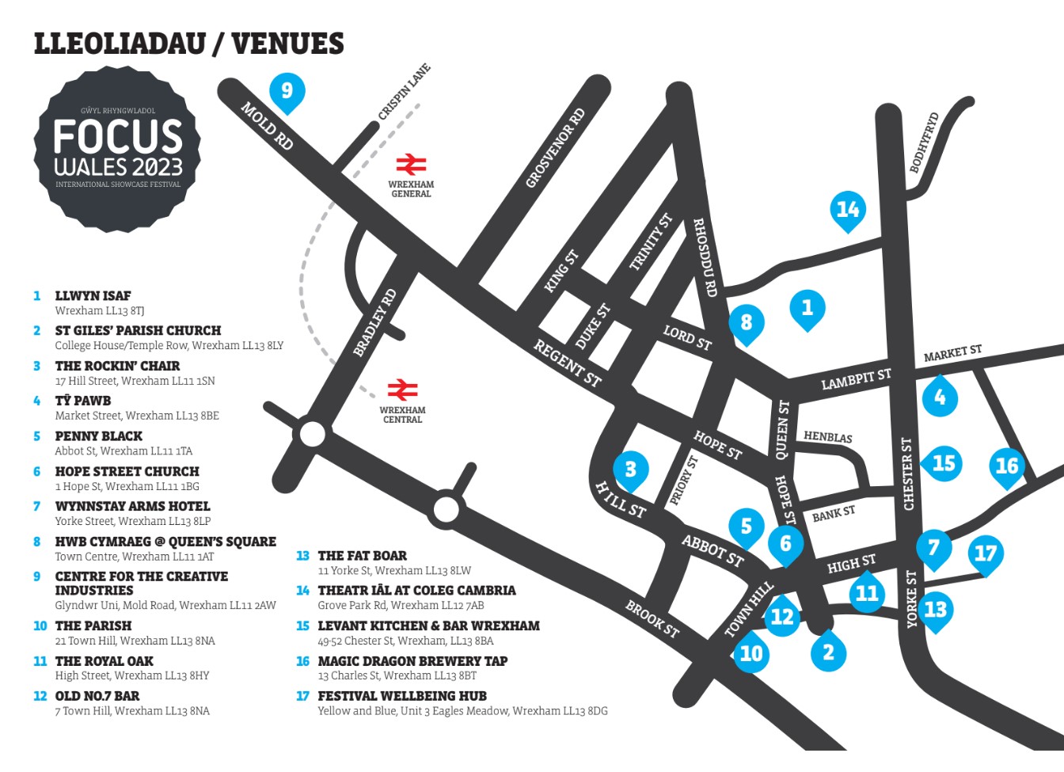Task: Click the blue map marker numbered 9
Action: tap(287, 91)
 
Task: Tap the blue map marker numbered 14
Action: tap(847, 210)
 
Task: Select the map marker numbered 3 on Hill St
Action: tap(630, 470)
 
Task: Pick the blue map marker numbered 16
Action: tap(1006, 466)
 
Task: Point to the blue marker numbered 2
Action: tap(828, 652)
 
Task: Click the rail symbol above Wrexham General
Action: tap(411, 165)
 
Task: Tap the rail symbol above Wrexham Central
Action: tap(402, 390)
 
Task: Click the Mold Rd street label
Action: tap(267, 126)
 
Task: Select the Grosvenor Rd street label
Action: tap(555, 148)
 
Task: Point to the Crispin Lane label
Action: tap(404, 93)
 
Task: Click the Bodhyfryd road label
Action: tap(924, 143)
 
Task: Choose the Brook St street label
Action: tap(652, 619)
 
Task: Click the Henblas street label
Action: tap(827, 437)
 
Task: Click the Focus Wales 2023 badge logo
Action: tap(117, 149)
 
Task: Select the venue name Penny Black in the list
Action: tap(99, 436)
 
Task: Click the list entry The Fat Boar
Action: tap(362, 556)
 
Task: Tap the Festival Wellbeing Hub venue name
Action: tap(401, 696)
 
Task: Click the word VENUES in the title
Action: tap(287, 44)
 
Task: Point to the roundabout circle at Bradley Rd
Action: tap(312, 435)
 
